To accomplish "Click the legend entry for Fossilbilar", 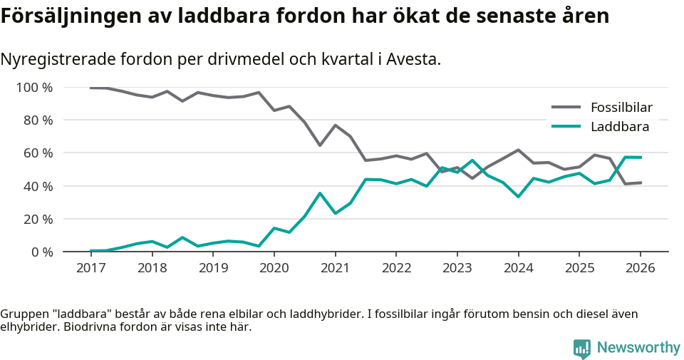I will pyautogui.click(x=621, y=108).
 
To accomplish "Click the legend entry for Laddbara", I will pyautogui.click(x=619, y=127).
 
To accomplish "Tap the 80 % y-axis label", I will pyautogui.click(x=37, y=120).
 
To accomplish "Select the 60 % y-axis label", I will pyautogui.click(x=37, y=153).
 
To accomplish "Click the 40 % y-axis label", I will pyautogui.click(x=37, y=186).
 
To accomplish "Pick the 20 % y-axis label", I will pyautogui.click(x=37, y=219).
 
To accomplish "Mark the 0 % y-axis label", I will pyautogui.click(x=41, y=252).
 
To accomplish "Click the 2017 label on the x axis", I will pyautogui.click(x=90, y=268).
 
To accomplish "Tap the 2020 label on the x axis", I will pyautogui.click(x=274, y=268).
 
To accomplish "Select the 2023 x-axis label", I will pyautogui.click(x=457, y=268).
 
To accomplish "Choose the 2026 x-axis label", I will pyautogui.click(x=640, y=268).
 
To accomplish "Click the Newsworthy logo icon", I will pyautogui.click(x=582, y=348).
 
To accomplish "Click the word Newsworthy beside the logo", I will pyautogui.click(x=638, y=348).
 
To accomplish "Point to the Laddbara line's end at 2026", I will pyautogui.click(x=641, y=157).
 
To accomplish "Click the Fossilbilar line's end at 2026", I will pyautogui.click(x=641, y=183).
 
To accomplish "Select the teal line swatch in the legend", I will pyautogui.click(x=566, y=127).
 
